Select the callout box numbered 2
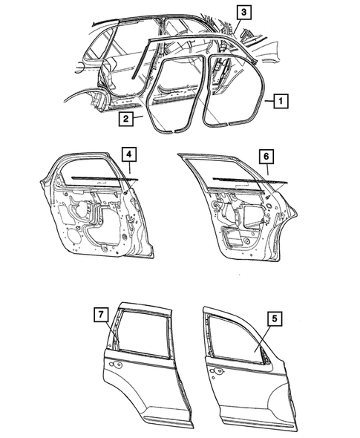pos(127,118)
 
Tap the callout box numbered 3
pos(243,12)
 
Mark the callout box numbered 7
pos(99,314)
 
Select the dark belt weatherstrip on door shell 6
pos(238,179)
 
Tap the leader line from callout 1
pos(266,98)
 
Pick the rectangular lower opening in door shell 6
pos(241,240)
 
